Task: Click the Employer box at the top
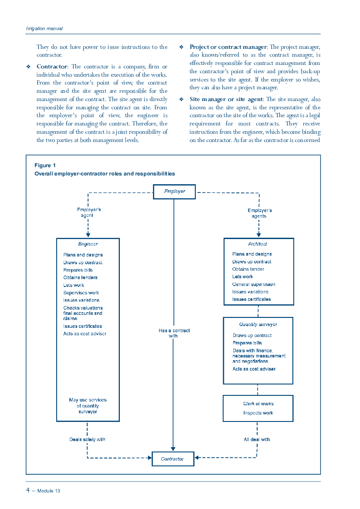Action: [x=174, y=192]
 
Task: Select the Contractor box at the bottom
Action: [x=173, y=458]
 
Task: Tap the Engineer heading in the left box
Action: [x=88, y=244]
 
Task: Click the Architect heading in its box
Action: [x=257, y=244]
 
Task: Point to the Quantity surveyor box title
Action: [x=258, y=324]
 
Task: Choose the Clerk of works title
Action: [x=258, y=404]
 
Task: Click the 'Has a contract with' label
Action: [x=174, y=333]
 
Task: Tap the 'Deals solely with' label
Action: [x=87, y=439]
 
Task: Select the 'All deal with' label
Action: [x=257, y=439]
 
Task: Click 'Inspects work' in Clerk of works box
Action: [x=258, y=413]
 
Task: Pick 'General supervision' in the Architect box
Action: [x=253, y=284]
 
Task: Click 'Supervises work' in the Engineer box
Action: [x=81, y=293]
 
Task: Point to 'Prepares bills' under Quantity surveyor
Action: [x=247, y=343]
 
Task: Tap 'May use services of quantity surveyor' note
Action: [x=88, y=406]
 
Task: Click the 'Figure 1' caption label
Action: [x=45, y=165]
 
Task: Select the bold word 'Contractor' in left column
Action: [x=52, y=67]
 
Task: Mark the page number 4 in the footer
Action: [x=28, y=490]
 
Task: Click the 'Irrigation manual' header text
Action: [x=44, y=29]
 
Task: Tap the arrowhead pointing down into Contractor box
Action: [x=173, y=449]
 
